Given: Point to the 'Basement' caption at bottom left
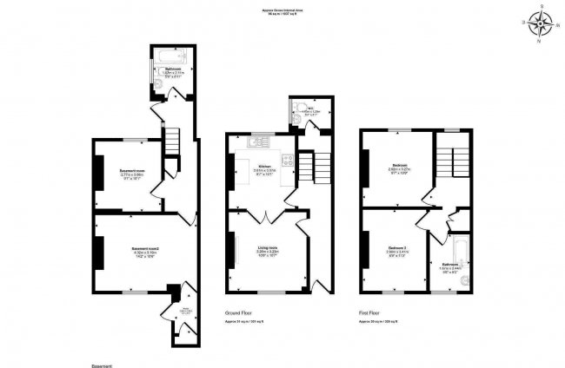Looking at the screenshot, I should click(x=102, y=358).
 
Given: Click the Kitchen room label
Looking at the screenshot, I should click(x=263, y=166).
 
